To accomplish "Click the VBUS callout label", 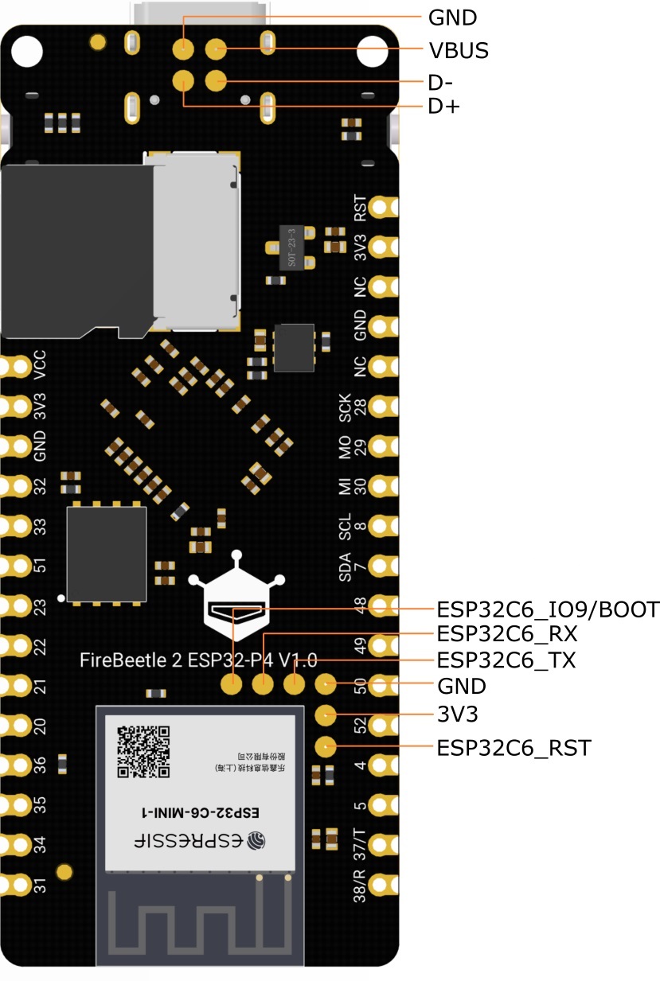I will click(458, 50).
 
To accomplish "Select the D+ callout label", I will click(444, 107).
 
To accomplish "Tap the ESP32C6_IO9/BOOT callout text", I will click(548, 609).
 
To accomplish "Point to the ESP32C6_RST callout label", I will click(514, 748).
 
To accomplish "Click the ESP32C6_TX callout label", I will click(506, 660).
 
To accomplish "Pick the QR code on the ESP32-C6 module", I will click(143, 751).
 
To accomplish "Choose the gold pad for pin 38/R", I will click(383, 885).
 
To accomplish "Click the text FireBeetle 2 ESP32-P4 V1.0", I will click(199, 660).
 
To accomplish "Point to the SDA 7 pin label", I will click(353, 566).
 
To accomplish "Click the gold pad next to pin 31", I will click(14, 883).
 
